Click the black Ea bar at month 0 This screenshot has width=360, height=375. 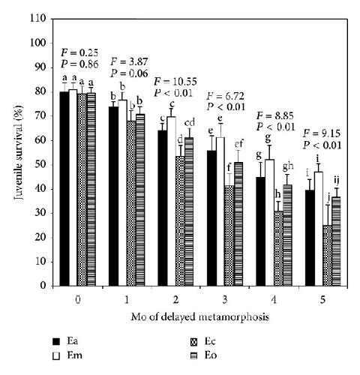(x=64, y=189)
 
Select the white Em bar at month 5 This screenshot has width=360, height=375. (x=319, y=229)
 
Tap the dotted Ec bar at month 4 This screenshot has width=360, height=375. (x=278, y=248)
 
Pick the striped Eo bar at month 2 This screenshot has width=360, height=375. (x=189, y=211)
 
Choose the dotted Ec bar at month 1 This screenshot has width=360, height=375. (x=131, y=203)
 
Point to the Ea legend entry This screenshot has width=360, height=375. (x=65, y=341)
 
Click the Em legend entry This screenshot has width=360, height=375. (x=67, y=355)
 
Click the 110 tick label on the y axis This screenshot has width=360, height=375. (x=38, y=18)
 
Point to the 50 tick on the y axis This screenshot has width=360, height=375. (x=52, y=165)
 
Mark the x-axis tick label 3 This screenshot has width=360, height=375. (x=225, y=299)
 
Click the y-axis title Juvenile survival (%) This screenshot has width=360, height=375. (x=18, y=153)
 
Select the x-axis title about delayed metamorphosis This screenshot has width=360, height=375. (x=200, y=317)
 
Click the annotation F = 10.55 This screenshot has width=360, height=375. (x=175, y=82)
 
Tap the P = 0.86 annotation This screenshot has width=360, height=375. (x=79, y=64)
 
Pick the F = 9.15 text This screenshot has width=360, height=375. (x=322, y=133)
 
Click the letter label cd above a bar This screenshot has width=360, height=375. (x=189, y=123)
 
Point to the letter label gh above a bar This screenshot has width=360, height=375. (x=288, y=166)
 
